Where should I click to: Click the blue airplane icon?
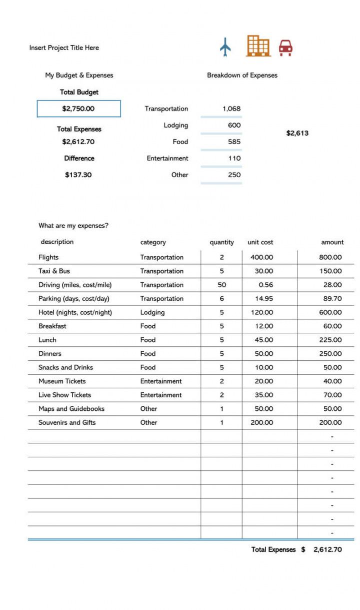[x=225, y=47]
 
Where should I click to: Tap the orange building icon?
[x=258, y=46]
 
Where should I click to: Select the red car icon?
[x=285, y=48]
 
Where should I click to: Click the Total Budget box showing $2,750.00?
[x=78, y=109]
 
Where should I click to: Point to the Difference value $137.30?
[x=78, y=175]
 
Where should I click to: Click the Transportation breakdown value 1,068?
[x=231, y=109]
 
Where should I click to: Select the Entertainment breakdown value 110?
[x=234, y=158]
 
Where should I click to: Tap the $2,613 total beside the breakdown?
[x=297, y=133]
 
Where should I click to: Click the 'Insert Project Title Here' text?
[x=64, y=48]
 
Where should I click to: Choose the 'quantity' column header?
[x=221, y=242]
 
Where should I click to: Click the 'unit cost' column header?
[x=260, y=242]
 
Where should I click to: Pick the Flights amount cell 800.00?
[x=330, y=257]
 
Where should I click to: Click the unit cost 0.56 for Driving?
[x=265, y=285]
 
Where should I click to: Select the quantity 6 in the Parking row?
[x=221, y=299]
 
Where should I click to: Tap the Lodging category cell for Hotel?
[x=152, y=312]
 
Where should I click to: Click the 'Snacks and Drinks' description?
[x=65, y=367]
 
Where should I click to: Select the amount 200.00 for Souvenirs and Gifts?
[x=330, y=422]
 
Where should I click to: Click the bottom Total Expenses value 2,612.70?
[x=327, y=549]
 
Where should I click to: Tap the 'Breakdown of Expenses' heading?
[x=242, y=76]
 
